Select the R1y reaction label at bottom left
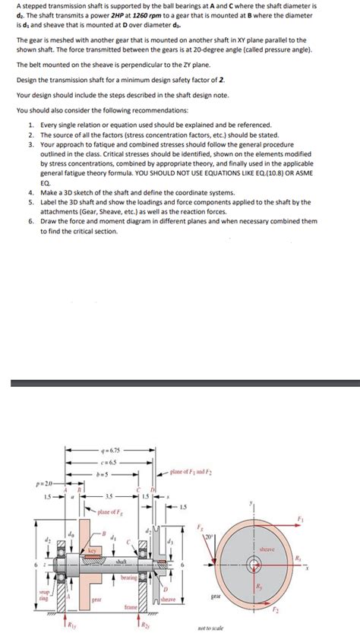74,625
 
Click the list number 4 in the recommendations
30,193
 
